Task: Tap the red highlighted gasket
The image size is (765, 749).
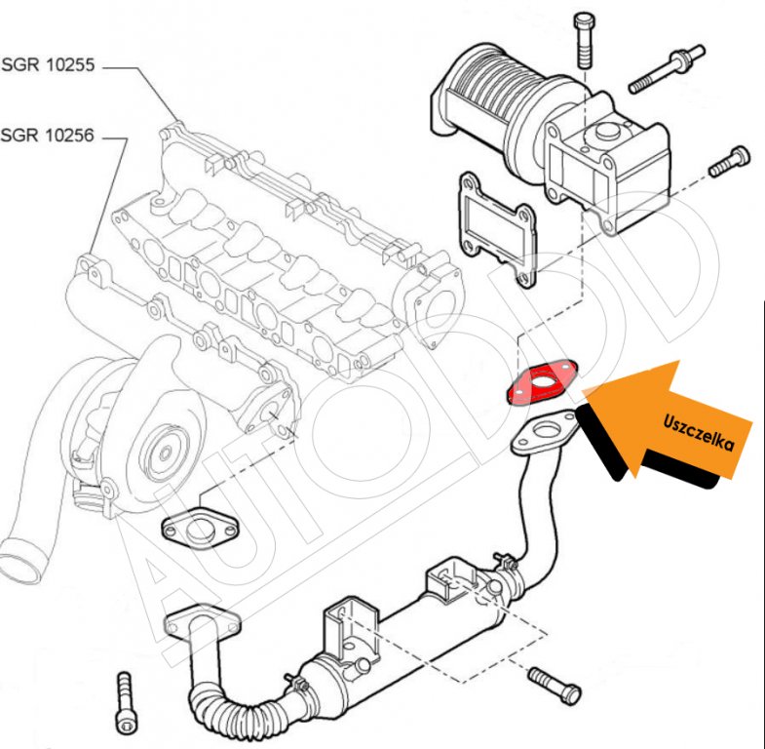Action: [541, 382]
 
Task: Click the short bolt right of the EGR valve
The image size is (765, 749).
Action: [730, 160]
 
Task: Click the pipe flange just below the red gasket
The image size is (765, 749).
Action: [546, 434]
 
